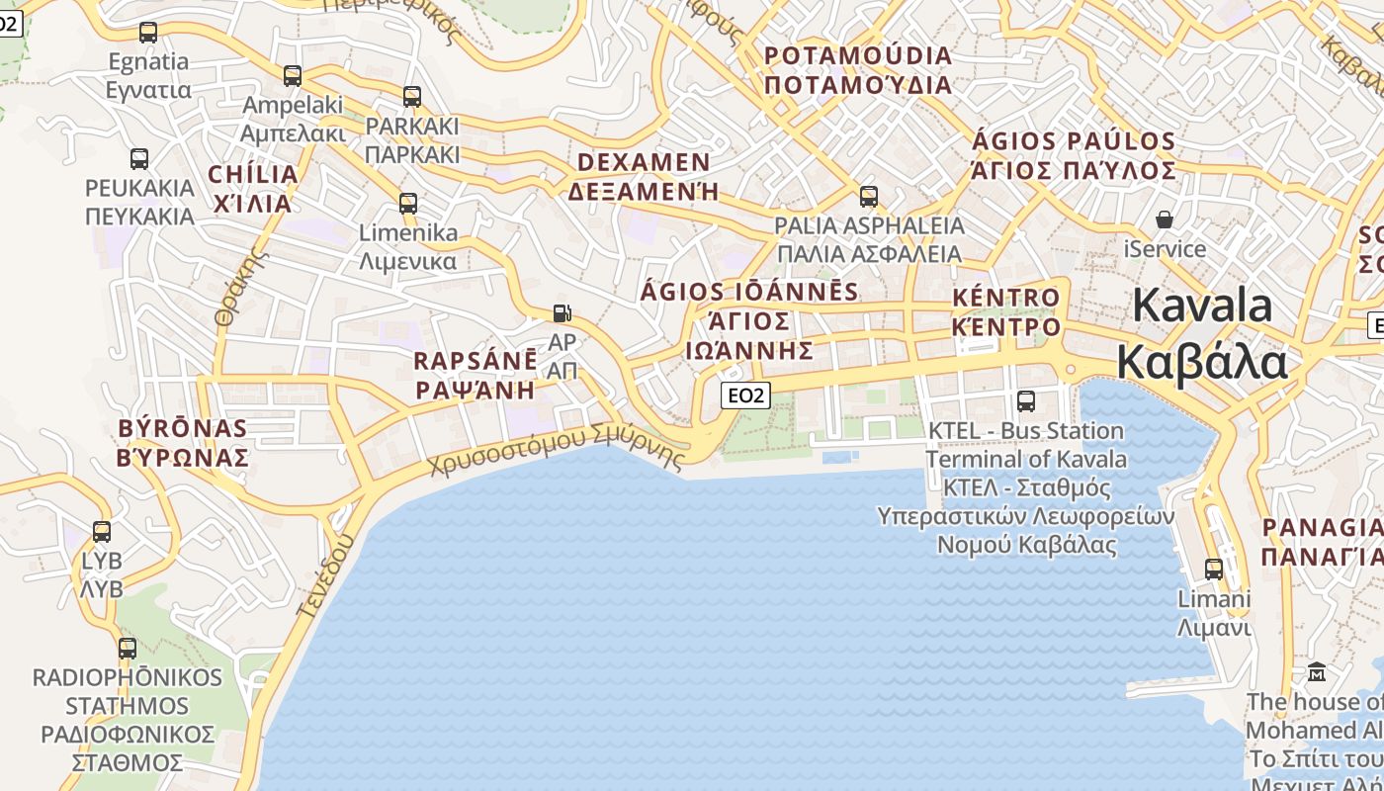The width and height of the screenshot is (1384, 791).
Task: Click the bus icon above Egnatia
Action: coord(148,33)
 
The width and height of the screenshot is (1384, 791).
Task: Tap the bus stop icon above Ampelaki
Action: coord(293,76)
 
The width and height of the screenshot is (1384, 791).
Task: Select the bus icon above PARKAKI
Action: coord(412,97)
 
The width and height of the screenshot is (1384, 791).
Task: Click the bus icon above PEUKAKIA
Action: coord(139,159)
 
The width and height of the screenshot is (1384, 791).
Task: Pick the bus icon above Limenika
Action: coord(407,204)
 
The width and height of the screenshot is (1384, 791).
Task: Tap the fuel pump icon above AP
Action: coord(562,313)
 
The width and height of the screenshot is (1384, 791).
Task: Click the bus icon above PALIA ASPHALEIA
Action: coord(869,197)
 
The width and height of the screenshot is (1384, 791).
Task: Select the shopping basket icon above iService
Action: coord(1165,219)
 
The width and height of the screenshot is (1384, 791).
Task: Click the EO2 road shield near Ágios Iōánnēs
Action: coord(745,395)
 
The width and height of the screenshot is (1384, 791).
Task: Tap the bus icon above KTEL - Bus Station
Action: coord(1026,401)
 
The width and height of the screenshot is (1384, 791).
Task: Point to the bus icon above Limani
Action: coord(1214,570)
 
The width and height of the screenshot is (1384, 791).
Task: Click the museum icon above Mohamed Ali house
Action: coord(1317,672)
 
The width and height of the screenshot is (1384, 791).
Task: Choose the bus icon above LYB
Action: coord(102,532)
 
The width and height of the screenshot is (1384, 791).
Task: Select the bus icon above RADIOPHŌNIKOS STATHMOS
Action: coord(128,649)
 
